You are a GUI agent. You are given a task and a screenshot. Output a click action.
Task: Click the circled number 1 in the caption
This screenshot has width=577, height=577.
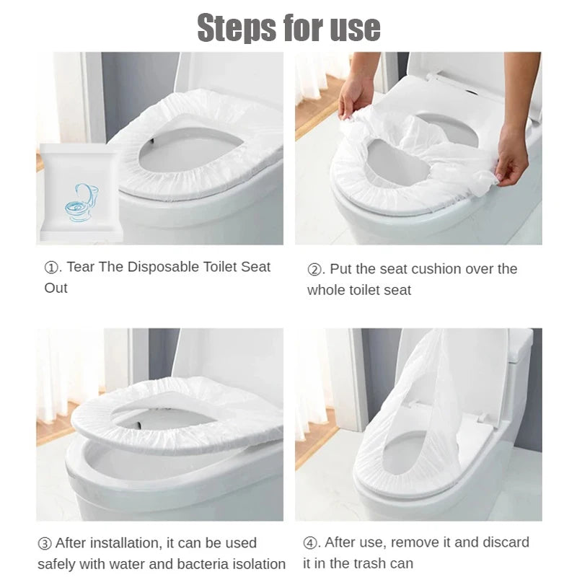coord(51,267)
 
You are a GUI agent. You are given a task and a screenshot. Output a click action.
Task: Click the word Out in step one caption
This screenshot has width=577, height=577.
coord(56,288)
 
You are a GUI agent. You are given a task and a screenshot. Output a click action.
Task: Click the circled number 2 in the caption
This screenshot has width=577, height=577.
coord(314,269)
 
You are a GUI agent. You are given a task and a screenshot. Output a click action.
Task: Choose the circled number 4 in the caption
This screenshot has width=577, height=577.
coord(309,542)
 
